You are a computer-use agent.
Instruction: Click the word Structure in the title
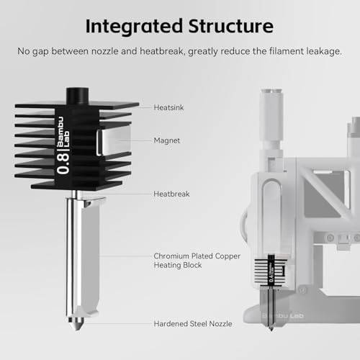click(230, 27)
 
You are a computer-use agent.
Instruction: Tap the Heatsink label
click(168, 107)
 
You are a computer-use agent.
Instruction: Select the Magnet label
click(166, 141)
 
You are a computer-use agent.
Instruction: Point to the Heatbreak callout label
click(171, 194)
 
